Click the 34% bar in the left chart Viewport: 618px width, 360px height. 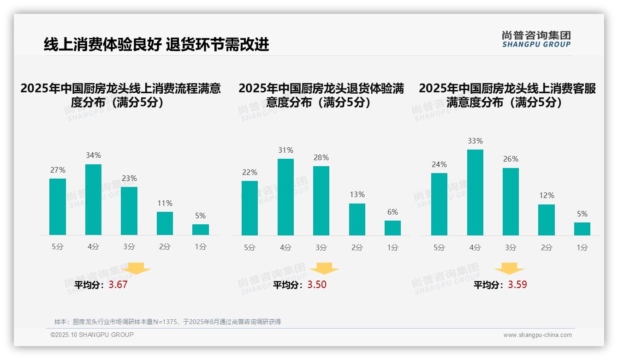93,199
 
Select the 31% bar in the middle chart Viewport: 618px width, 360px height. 285,197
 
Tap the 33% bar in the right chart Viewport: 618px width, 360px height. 475,192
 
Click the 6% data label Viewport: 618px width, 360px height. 392,212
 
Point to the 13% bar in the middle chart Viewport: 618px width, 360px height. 357,219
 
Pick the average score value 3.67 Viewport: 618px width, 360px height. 118,285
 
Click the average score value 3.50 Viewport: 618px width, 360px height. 317,285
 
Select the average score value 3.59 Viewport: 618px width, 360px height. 517,285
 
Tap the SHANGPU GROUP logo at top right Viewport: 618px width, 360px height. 536,39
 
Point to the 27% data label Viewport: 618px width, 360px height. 58,170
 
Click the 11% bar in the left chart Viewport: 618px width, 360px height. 165,223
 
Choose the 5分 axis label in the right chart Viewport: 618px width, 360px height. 439,247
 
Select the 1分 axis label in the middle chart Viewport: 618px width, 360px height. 392,247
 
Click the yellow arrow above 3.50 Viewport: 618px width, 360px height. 324,269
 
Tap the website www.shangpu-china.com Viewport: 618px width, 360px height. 537,335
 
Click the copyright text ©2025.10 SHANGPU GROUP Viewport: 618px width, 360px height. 92,335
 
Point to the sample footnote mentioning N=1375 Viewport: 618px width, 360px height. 167,322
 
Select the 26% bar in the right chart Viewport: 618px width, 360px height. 511,202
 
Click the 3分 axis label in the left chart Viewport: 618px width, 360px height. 129,247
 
